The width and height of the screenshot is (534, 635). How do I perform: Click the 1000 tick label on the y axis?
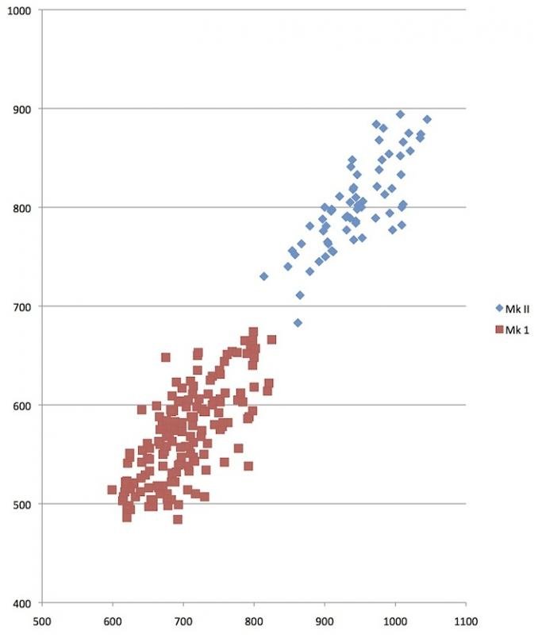[x=17, y=10]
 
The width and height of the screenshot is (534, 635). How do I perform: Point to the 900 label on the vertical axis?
[x=21, y=109]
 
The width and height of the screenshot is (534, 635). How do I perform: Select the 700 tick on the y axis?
[x=21, y=306]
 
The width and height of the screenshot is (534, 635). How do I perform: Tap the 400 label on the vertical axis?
[x=21, y=602]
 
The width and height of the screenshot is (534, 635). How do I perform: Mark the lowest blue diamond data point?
[x=298, y=323]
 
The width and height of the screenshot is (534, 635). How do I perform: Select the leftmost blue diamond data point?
[x=263, y=276]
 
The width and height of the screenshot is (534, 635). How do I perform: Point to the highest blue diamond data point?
[x=400, y=114]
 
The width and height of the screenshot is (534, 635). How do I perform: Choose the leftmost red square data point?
[x=112, y=490]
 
